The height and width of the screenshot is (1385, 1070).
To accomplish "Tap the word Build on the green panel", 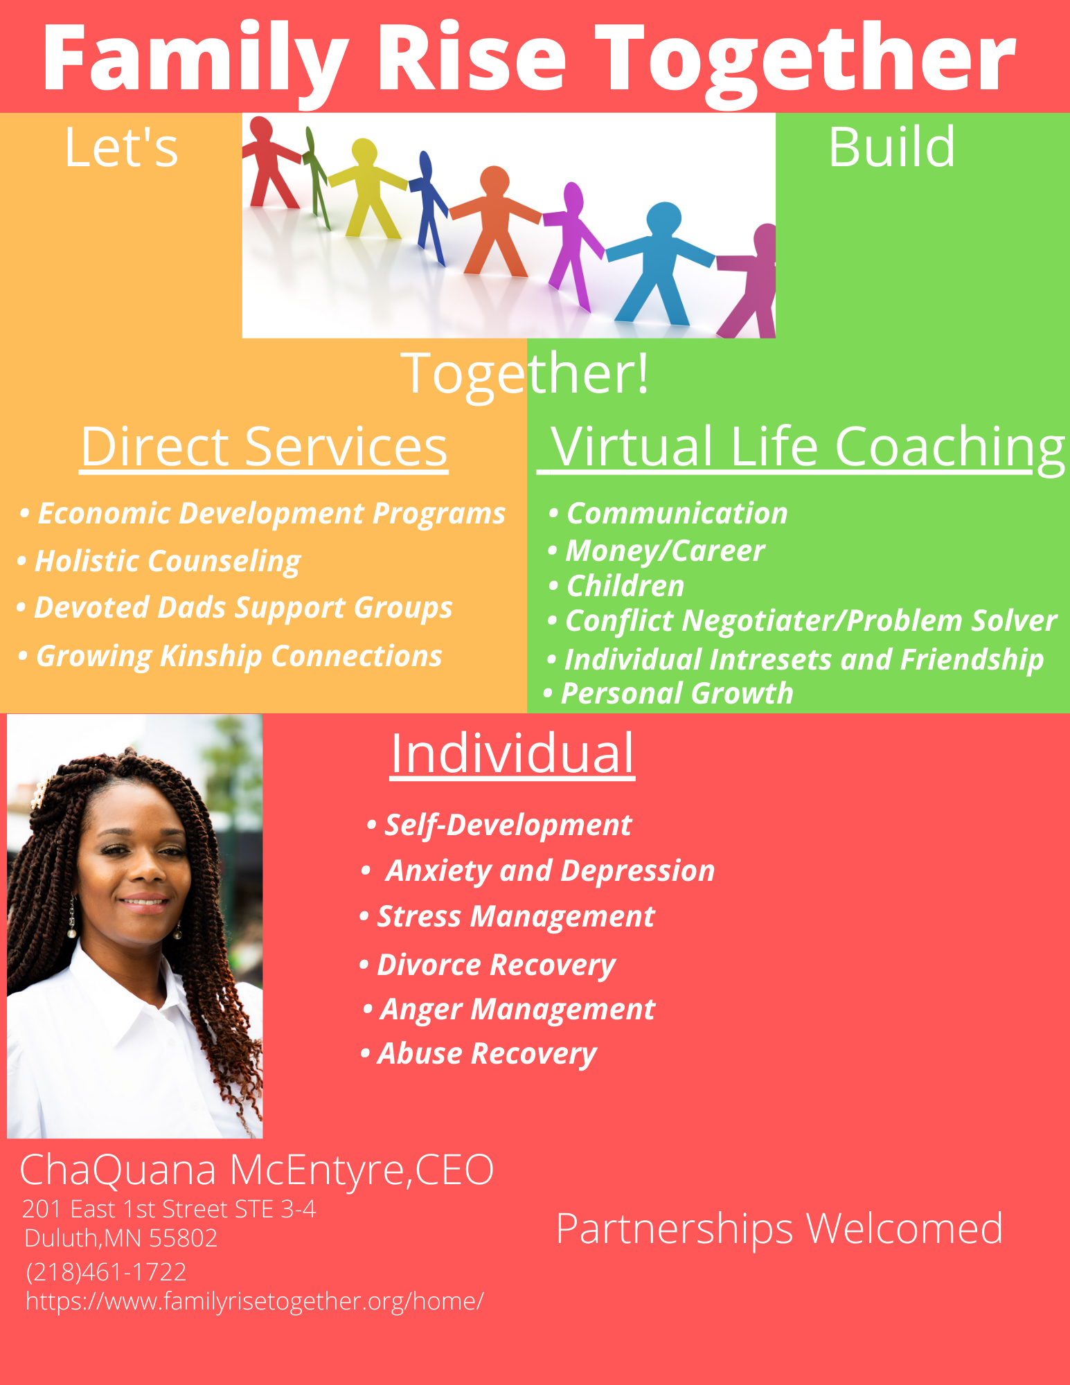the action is point(892,147).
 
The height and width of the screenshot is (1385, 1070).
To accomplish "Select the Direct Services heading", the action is point(264,447).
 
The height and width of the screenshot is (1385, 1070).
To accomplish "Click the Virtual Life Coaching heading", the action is point(802,448).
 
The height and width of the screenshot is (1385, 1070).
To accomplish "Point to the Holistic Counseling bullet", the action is point(159,561).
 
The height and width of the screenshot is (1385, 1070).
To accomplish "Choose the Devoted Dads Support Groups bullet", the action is point(234,608).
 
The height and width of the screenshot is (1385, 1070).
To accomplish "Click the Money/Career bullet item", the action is point(657,551).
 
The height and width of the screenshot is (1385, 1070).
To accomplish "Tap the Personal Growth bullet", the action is point(668,693).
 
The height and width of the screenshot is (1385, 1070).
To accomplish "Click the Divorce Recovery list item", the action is point(488,965).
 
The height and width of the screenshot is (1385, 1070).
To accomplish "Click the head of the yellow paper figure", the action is point(364,152).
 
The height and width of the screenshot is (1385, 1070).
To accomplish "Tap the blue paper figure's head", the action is point(664,217).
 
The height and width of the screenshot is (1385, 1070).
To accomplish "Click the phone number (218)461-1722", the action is point(106,1271).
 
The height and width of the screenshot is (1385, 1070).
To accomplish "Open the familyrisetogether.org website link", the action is point(255,1301).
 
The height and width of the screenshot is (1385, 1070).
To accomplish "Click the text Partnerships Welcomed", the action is point(780,1228).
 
